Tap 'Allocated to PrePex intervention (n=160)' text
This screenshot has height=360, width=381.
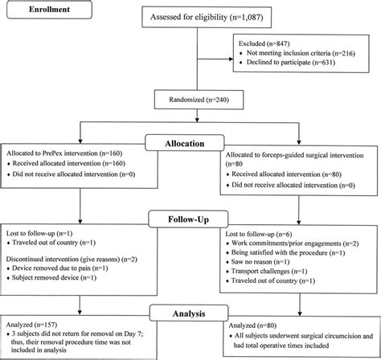point(66,152)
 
